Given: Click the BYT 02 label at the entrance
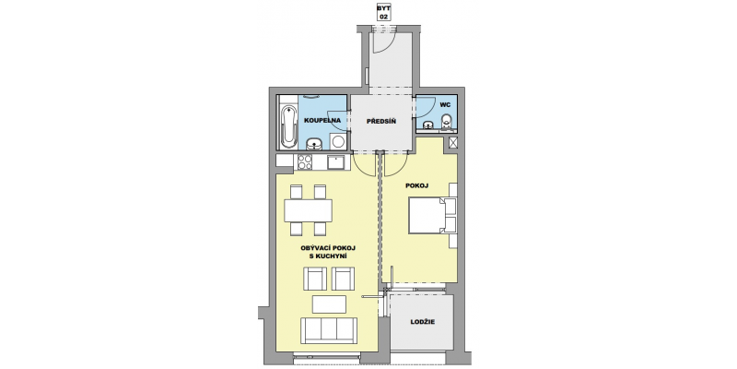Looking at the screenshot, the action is click(x=384, y=12).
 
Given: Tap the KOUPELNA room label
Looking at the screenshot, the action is click(x=322, y=121).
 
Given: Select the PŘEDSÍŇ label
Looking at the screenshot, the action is click(x=381, y=121).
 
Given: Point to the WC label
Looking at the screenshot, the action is click(x=445, y=104).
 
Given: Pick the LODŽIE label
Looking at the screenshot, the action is click(x=422, y=322).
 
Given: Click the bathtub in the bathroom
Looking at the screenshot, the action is click(x=288, y=126).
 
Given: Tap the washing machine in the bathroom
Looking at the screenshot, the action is click(x=337, y=141).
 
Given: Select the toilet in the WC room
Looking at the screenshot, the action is click(x=447, y=122).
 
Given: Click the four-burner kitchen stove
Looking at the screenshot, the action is click(x=305, y=162).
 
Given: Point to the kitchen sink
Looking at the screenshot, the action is click(x=336, y=162).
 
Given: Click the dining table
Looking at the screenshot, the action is click(x=308, y=210).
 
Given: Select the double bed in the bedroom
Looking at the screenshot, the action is click(x=432, y=216).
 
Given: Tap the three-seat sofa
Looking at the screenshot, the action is click(x=329, y=330).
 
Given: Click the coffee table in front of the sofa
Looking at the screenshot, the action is click(x=329, y=304).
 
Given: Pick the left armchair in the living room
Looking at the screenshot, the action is click(x=315, y=279).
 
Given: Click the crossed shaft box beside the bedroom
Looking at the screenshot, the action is click(x=452, y=143).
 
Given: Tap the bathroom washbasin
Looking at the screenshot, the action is click(x=314, y=144).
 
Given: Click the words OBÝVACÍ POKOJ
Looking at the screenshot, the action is click(x=328, y=247).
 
